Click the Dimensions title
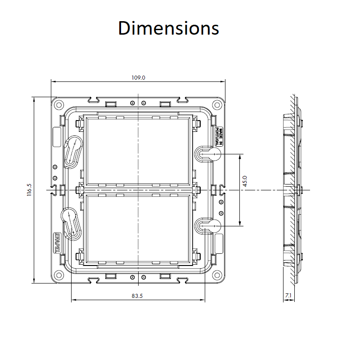168,28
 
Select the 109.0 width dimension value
138,78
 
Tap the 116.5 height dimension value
29,189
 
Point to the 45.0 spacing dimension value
245,181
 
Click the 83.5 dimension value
137,296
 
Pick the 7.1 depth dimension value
288,295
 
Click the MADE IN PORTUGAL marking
219,137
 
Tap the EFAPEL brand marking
57,243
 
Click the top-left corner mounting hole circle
59,105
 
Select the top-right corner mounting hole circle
217,105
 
